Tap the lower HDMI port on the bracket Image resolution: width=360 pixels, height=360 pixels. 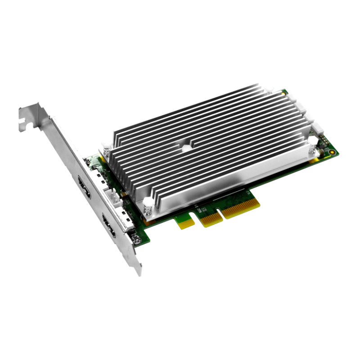click(109, 226)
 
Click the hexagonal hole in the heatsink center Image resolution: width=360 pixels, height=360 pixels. click(185, 147)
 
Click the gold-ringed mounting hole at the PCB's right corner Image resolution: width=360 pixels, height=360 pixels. click(332, 153)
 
